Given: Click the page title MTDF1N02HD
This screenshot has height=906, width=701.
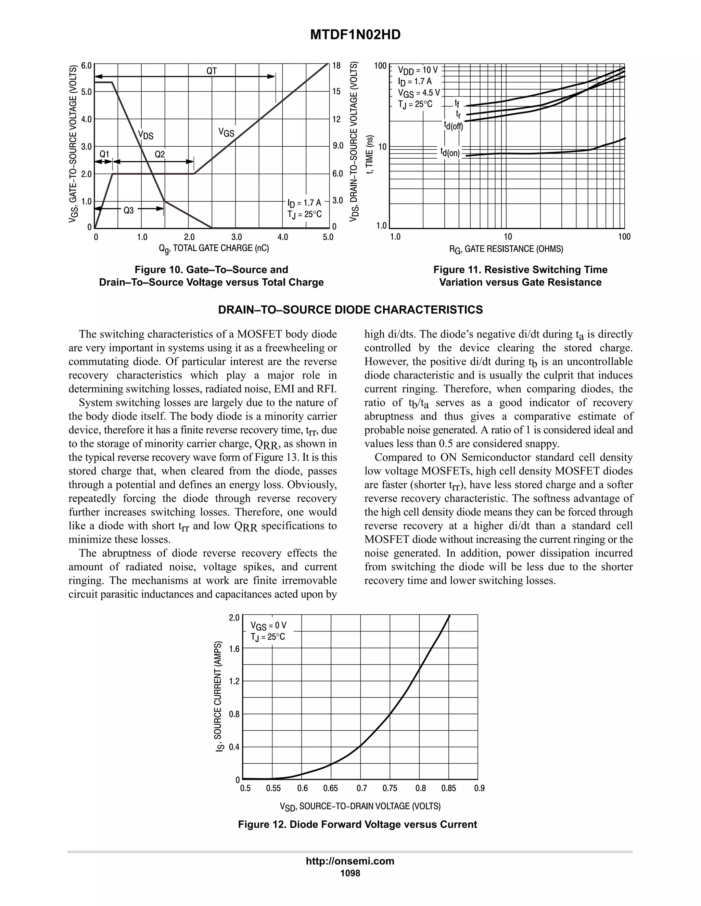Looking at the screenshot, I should [x=356, y=35].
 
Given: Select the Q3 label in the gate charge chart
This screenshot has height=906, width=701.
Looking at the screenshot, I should [x=129, y=210].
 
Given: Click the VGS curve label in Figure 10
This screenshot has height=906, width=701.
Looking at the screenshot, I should [x=226, y=133].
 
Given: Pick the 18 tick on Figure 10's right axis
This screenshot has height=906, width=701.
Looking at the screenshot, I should [x=336, y=66].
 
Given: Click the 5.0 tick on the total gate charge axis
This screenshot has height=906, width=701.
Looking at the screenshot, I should [x=328, y=237].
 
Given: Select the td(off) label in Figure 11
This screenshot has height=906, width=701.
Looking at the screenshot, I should [x=453, y=125].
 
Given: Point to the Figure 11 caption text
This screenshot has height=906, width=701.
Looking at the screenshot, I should [x=520, y=276].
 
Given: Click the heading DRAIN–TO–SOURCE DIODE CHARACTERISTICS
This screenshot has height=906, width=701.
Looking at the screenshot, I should [x=350, y=310].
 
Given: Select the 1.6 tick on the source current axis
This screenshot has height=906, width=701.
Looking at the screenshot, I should [x=234, y=649].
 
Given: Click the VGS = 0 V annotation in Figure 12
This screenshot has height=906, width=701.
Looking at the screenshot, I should [x=268, y=626].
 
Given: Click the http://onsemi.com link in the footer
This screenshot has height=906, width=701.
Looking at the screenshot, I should [x=350, y=861].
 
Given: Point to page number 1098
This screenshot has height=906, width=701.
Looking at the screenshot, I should [x=350, y=873].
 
